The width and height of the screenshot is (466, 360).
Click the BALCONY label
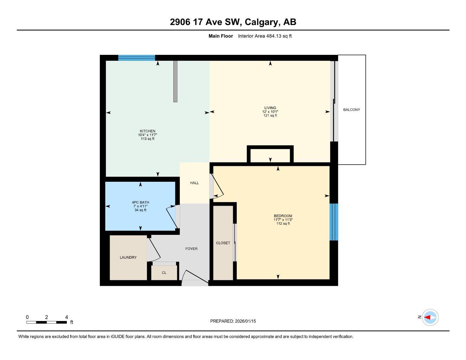point(351,110)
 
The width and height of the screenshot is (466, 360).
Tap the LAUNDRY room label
point(128,257)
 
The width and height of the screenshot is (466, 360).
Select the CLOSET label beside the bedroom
point(223,243)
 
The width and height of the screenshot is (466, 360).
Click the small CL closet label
point(164,273)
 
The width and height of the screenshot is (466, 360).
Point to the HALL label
point(194,183)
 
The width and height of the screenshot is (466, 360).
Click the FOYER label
point(191,249)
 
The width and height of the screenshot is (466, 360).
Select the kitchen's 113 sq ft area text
point(147,139)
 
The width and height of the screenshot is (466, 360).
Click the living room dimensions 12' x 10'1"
point(270,112)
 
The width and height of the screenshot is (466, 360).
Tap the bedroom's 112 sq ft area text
point(283,224)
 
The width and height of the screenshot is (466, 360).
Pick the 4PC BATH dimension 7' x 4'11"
point(140,206)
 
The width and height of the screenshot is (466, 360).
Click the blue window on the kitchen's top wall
point(136,58)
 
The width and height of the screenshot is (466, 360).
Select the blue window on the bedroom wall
point(333,222)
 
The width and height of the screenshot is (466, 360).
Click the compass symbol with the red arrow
point(430,317)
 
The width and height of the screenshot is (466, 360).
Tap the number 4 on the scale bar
point(66,317)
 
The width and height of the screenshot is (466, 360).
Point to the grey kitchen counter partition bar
point(175,81)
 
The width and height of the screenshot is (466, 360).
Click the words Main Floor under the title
point(221,36)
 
